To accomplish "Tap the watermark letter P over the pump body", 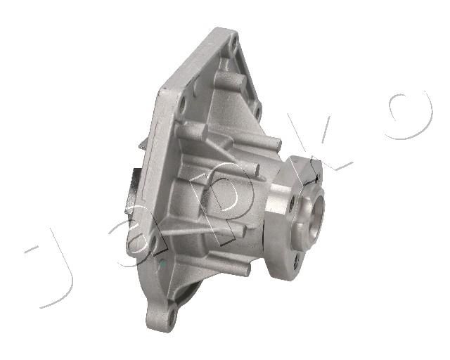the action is pyautogui.click(x=222, y=201).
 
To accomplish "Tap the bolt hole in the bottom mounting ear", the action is pyautogui.click(x=172, y=316).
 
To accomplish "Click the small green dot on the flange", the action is pyautogui.click(x=162, y=263).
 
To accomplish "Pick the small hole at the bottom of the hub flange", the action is pyautogui.click(x=296, y=262).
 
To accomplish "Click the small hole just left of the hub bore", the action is pyautogui.click(x=292, y=203).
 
